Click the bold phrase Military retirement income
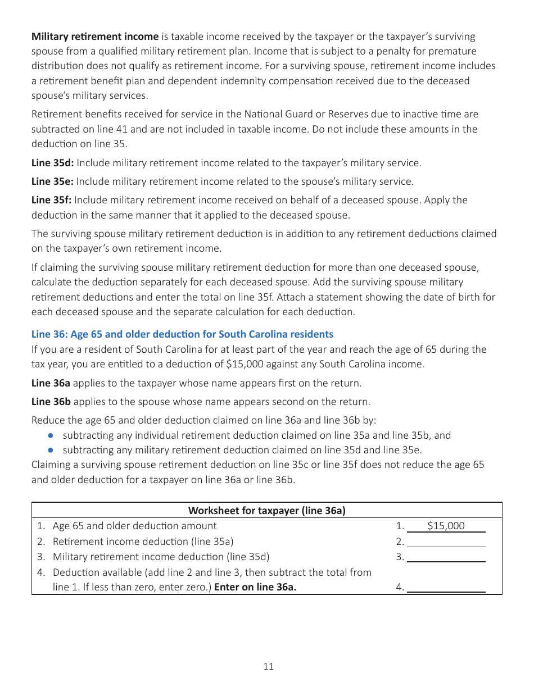pyautogui.click(x=95, y=37)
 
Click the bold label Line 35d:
pyautogui.click(x=52, y=163)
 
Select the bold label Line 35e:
pyautogui.click(x=52, y=181)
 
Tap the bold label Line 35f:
pyautogui.click(x=52, y=200)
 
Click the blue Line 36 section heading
pyautogui.click(x=182, y=334)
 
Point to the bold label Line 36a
pyautogui.click(x=51, y=383)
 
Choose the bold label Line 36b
pyautogui.click(x=51, y=402)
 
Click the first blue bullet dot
pyautogui.click(x=51, y=435)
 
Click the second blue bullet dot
pyautogui.click(x=51, y=450)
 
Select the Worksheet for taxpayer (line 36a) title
pyautogui.click(x=266, y=510)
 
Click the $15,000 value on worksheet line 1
pyautogui.click(x=446, y=526)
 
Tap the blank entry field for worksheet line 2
pyautogui.click(x=446, y=542)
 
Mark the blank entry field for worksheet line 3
pyautogui.click(x=446, y=557)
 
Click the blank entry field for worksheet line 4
pyautogui.click(x=446, y=587)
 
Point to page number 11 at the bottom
pyautogui.click(x=268, y=666)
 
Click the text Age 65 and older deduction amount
pyautogui.click(x=134, y=526)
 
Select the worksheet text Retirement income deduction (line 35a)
pyautogui.click(x=143, y=542)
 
